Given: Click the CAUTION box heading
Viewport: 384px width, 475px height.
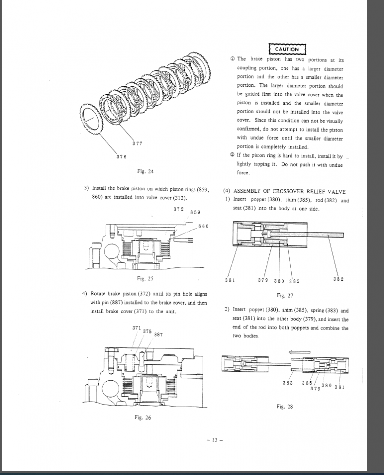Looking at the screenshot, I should click(287, 49).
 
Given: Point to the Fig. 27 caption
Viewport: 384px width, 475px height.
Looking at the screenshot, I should click(284, 295).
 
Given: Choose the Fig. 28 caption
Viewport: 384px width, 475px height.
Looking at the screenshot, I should click(284, 406).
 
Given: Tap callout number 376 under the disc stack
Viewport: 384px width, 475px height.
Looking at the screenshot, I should click(121, 156).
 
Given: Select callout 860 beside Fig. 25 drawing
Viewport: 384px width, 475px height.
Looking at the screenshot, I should click(203, 226).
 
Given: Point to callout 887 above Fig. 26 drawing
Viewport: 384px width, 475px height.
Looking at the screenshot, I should click(158, 334).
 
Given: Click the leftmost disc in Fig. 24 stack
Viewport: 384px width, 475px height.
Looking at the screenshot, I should click(90, 121).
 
